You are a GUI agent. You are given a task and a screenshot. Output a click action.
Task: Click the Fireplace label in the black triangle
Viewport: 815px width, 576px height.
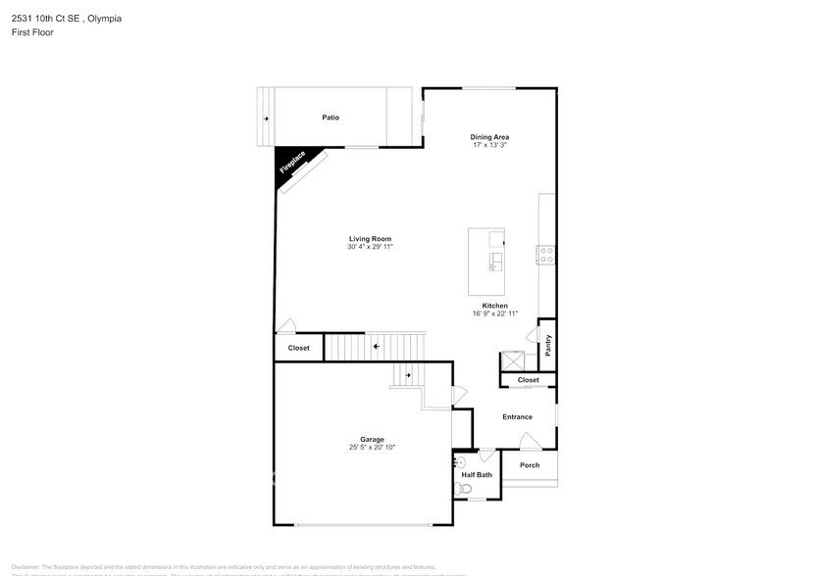click(293, 162)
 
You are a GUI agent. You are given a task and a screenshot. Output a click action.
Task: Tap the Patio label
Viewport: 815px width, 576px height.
click(331, 118)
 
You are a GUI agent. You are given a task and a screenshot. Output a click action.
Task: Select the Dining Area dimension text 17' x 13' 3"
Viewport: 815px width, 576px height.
click(489, 145)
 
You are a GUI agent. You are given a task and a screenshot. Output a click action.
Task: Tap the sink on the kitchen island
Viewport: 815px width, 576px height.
click(496, 261)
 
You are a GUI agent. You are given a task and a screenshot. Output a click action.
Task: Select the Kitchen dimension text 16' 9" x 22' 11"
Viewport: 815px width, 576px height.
click(494, 313)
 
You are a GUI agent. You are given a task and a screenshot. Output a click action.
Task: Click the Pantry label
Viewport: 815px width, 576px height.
click(548, 345)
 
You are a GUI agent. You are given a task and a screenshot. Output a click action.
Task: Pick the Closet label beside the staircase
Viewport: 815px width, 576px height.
click(298, 348)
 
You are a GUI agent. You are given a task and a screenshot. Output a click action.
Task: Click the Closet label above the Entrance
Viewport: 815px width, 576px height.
click(528, 379)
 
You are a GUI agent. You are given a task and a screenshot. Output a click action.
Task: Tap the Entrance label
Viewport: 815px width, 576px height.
click(517, 417)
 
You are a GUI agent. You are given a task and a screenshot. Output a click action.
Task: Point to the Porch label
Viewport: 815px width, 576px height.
click(530, 465)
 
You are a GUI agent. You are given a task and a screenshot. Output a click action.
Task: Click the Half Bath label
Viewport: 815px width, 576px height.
click(477, 475)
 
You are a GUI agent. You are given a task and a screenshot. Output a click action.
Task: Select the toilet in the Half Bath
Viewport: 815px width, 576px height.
click(465, 487)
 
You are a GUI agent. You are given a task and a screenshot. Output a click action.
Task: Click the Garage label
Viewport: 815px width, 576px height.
click(372, 439)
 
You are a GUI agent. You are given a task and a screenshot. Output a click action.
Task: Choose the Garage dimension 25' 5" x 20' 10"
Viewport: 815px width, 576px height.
click(372, 448)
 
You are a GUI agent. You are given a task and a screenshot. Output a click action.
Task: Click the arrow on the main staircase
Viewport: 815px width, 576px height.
click(375, 347)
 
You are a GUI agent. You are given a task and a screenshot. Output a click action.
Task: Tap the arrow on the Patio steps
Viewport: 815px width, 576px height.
click(265, 119)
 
